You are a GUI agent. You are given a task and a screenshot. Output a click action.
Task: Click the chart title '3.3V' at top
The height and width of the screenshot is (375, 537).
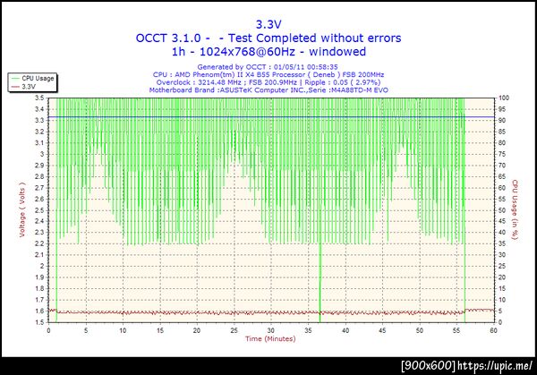(268, 24)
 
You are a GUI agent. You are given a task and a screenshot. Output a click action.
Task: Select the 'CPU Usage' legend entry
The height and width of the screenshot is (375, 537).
(37, 79)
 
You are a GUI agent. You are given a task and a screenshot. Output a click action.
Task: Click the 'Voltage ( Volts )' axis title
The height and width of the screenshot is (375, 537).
(21, 209)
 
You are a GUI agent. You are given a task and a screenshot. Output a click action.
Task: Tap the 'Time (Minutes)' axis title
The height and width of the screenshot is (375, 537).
(270, 339)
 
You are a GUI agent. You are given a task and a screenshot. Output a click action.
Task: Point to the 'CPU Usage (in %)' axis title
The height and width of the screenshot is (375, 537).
(516, 209)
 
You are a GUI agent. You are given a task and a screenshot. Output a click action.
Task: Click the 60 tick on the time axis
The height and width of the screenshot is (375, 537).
(493, 330)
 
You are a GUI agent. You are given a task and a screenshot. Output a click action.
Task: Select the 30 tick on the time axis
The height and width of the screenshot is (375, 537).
(270, 330)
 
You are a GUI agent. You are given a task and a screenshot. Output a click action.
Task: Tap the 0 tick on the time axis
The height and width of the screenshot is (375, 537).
(48, 330)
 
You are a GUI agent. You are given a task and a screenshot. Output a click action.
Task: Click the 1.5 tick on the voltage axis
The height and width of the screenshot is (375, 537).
(40, 322)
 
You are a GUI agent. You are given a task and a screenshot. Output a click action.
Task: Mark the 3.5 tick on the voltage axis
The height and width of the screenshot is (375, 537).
(40, 98)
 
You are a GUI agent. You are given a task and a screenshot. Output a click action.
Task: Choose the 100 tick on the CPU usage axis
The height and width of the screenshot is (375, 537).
(504, 98)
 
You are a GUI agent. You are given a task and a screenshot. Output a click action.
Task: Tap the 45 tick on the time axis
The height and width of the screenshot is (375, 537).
(382, 330)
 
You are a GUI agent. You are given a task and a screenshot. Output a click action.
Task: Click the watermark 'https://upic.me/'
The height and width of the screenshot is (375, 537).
(496, 366)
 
